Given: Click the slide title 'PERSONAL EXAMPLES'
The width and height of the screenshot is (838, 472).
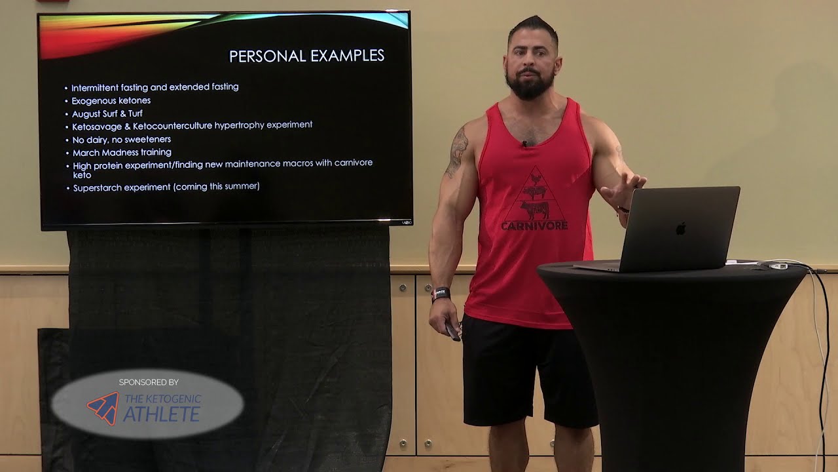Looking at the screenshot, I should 306,56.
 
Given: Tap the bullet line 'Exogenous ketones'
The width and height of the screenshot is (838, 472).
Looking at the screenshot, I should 111,101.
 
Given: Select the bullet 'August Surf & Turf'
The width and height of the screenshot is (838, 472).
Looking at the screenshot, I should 107,114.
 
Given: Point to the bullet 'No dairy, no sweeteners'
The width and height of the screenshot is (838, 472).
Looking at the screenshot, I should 121,140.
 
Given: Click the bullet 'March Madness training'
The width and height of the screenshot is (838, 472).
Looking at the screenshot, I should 122,153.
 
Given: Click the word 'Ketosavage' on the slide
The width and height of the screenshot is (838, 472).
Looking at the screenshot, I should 98,126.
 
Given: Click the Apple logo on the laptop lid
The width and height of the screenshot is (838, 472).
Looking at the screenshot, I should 681,228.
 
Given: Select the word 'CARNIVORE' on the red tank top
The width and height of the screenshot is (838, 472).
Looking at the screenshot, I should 534,226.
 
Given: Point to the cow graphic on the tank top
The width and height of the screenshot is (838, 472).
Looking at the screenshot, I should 534,210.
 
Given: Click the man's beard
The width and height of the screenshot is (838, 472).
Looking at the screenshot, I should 530,85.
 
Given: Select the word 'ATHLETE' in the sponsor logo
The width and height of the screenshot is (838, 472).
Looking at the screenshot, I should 161,414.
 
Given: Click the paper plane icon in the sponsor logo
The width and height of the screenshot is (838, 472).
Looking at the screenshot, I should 103,408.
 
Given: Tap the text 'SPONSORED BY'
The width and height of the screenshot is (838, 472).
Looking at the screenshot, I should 149,382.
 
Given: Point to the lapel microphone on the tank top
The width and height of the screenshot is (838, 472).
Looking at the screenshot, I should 524,144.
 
